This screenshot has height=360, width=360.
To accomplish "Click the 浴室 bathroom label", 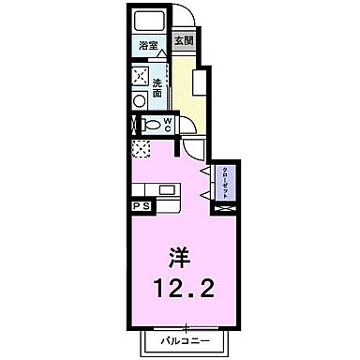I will tap(147, 44).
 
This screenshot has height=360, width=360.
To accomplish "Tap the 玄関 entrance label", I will tap(185, 41).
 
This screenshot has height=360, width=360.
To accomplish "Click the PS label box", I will tap(141, 204).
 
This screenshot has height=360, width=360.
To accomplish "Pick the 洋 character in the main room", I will tap(181, 254).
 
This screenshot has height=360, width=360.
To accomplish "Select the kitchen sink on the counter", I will tap(166, 190).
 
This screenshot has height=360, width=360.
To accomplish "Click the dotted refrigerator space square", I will tap(141, 146).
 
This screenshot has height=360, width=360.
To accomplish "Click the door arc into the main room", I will tap(192, 148).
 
